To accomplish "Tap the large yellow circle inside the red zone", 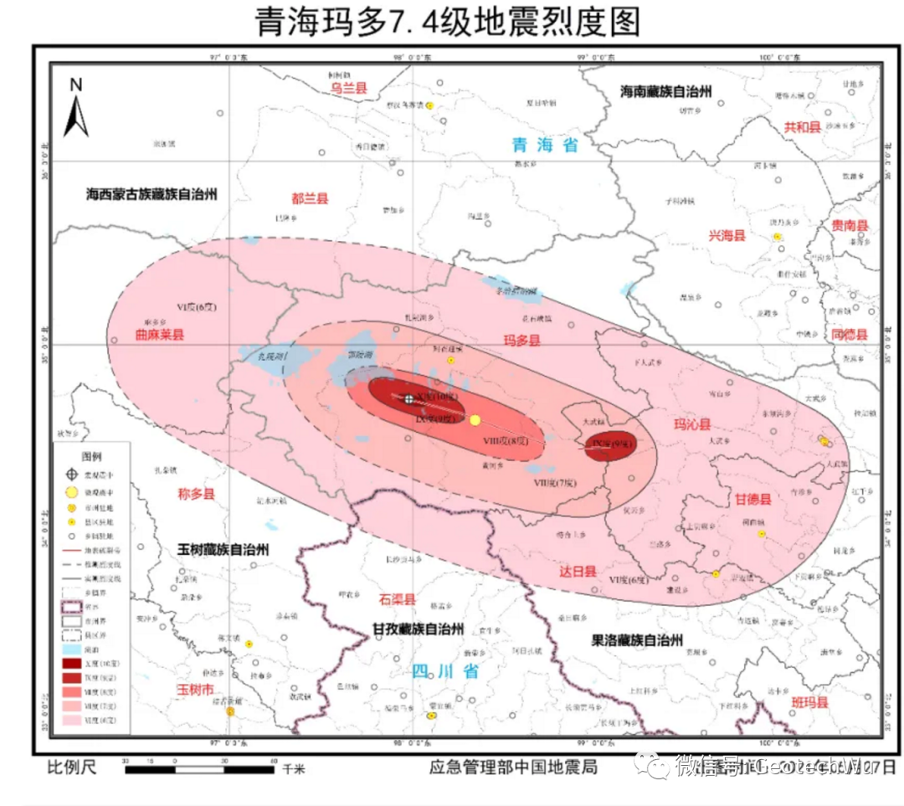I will click(475, 419).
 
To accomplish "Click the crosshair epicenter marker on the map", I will click(408, 399).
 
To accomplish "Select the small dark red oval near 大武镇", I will click(610, 446).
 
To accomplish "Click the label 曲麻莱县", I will click(159, 334).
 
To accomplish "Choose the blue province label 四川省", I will click(445, 670).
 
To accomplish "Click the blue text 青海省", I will click(545, 145).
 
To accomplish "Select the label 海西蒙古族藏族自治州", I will click(152, 193).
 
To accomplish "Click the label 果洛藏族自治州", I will click(637, 640).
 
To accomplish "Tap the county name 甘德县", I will click(753, 500).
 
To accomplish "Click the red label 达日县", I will click(578, 571).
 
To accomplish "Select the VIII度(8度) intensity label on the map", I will click(506, 441).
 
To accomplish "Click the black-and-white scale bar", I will click(201, 767).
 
